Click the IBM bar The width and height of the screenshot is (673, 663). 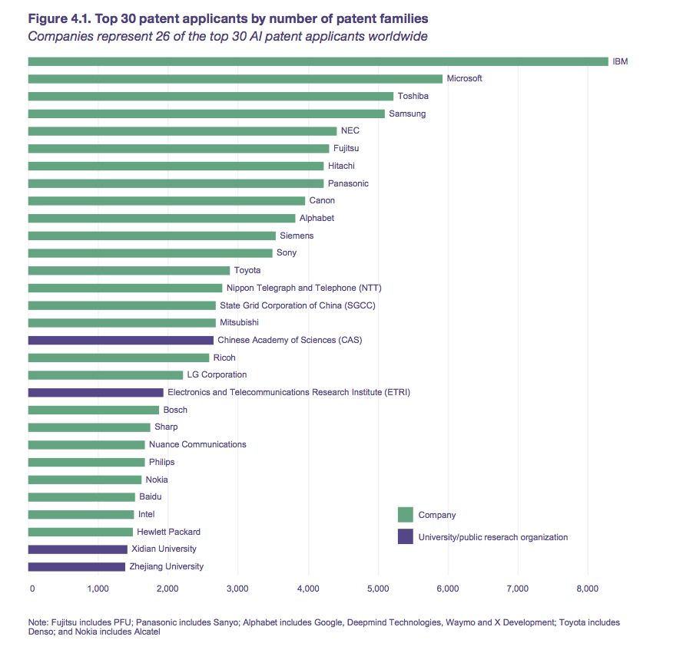317,61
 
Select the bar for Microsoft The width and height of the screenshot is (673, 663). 235,78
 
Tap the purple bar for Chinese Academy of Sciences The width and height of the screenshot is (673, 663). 121,340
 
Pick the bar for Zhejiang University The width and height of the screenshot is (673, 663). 76,567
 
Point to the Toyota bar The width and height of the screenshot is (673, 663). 129,270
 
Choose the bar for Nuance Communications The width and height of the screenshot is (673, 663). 86,444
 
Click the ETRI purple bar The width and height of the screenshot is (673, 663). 95,392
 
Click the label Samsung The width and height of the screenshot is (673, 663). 407,114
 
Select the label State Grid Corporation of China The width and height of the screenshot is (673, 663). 297,305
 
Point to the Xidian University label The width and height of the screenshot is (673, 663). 164,549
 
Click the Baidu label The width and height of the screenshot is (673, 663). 151,497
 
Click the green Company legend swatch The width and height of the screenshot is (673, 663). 405,515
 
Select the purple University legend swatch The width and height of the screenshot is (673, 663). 405,537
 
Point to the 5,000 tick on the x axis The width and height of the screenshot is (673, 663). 377,589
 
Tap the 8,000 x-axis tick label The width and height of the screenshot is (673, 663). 587,589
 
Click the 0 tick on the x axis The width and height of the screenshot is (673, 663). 32,589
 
